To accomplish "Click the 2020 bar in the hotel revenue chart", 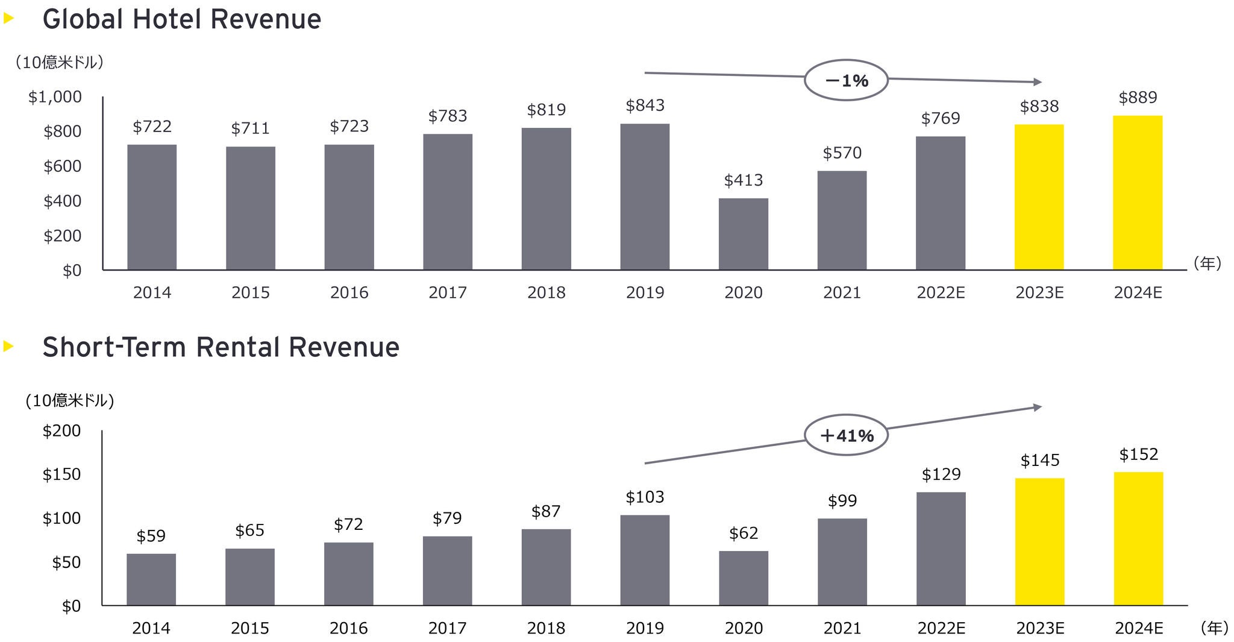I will click(x=743, y=234).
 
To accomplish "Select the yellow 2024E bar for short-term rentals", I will click(x=1138, y=538).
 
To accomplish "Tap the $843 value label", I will click(x=645, y=105).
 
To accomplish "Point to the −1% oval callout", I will click(x=846, y=80).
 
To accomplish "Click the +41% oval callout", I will click(x=846, y=435).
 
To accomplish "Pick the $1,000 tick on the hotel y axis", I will click(x=55, y=97).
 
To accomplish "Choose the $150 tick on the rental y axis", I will click(x=61, y=474).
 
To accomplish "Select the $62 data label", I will click(x=744, y=533).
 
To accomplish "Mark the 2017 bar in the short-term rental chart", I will click(x=447, y=570).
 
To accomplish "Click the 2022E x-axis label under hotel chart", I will click(x=941, y=293).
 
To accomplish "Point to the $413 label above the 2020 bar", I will click(x=743, y=180).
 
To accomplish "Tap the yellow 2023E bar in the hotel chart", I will click(x=1039, y=197).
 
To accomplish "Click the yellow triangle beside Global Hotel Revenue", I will click(x=8, y=19).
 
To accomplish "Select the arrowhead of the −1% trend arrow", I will click(x=1038, y=81).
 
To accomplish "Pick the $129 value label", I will click(x=941, y=474).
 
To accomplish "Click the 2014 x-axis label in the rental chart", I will click(x=151, y=629).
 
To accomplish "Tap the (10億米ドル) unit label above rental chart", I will click(x=70, y=401).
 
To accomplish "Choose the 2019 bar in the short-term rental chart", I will click(x=645, y=560).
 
